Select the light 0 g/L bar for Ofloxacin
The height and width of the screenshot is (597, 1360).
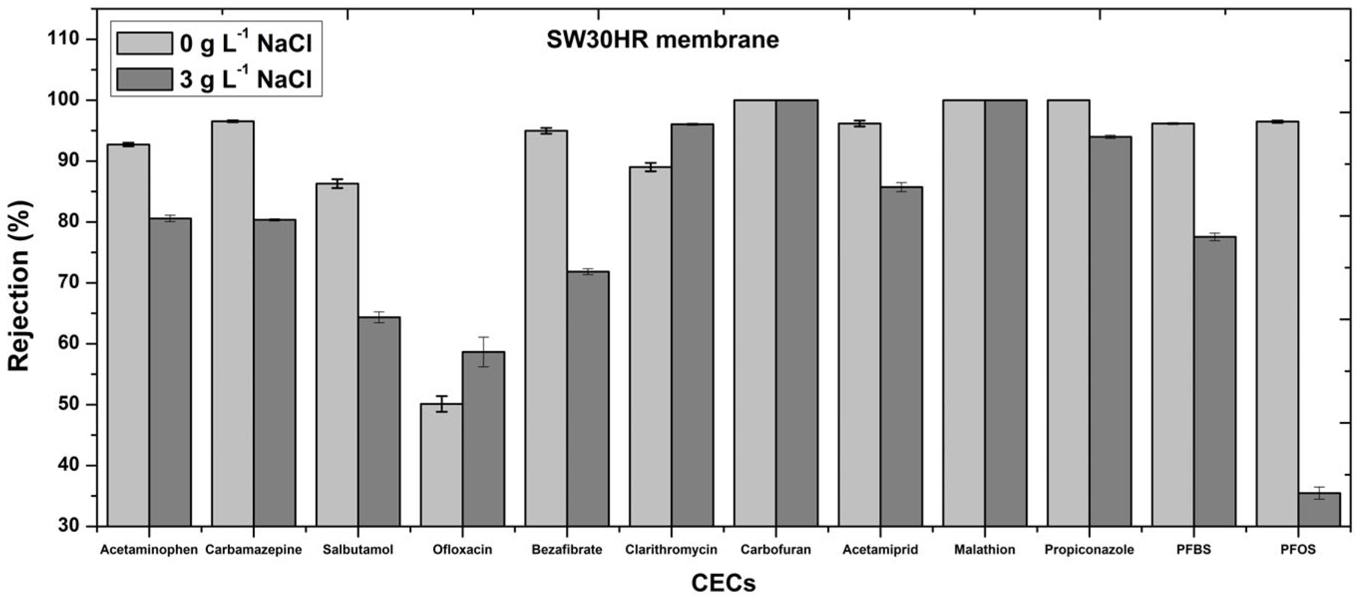441,464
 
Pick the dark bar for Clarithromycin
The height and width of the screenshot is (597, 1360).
692,324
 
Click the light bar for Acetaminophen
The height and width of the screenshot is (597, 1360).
128,335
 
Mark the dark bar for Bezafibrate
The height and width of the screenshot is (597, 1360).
588,399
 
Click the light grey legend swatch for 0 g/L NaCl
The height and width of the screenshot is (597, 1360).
144,43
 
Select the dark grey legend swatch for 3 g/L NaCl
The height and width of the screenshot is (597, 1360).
144,79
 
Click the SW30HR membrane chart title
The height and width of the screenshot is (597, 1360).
662,40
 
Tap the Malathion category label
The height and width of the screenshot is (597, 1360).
984,550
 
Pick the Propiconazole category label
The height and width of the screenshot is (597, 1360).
1089,550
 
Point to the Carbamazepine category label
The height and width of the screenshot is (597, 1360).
253,550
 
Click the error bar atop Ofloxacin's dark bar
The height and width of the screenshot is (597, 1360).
484,351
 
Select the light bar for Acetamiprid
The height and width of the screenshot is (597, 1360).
859,324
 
